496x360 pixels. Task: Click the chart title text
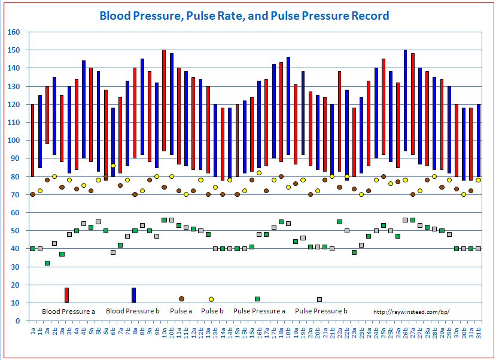coord(244,16)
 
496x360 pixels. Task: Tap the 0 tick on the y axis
coord(17,321)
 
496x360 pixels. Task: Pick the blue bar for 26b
coord(406,100)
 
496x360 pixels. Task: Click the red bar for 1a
coord(32,141)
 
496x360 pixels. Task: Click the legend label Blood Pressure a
coord(69,312)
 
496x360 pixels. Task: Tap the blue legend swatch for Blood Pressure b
coord(133,295)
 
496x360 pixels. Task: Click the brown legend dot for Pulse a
coord(181,298)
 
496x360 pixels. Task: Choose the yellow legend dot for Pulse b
coord(211,299)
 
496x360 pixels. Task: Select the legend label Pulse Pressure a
coord(259,312)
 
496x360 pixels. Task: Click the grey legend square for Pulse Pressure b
coord(319,299)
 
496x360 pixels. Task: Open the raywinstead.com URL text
coord(410,312)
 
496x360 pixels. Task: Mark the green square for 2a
coord(47,263)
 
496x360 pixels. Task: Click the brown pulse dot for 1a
coord(32,194)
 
